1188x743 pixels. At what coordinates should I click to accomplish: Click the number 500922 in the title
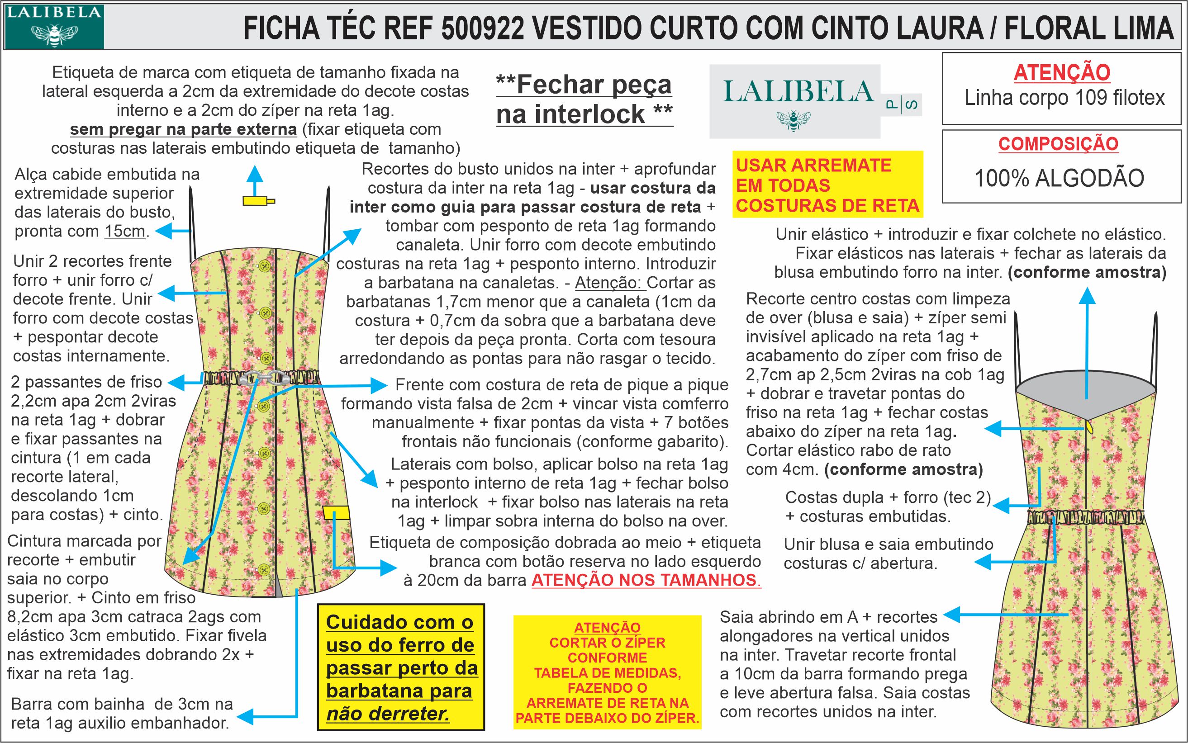[x=482, y=28]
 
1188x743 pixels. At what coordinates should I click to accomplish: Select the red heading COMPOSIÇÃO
[x=1058, y=144]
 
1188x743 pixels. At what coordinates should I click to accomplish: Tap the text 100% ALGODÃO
[x=1059, y=178]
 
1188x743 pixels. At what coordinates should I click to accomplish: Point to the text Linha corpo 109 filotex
[x=1064, y=98]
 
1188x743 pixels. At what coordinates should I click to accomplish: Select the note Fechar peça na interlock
[x=584, y=99]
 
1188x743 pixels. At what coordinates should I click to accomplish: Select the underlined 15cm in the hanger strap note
[x=125, y=231]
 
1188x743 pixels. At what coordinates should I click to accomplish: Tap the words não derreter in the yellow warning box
[x=388, y=714]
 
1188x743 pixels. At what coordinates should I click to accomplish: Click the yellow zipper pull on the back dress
[x=1090, y=426]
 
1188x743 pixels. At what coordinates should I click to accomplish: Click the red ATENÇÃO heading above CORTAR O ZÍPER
[x=607, y=628]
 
